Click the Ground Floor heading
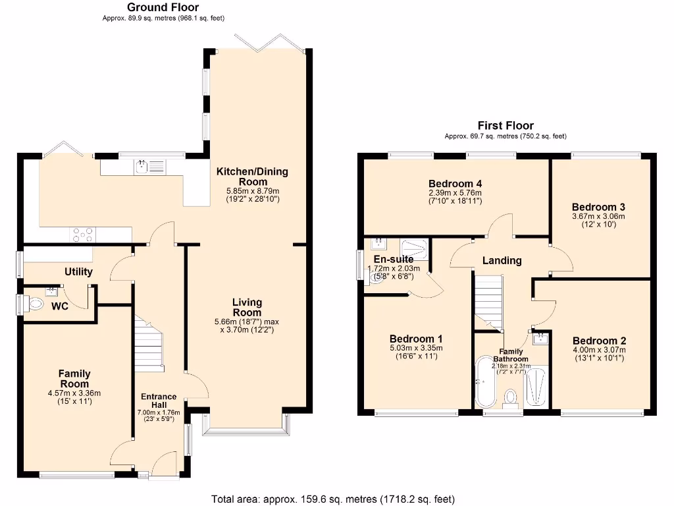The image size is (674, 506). tap(163, 7)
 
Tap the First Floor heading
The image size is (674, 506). tap(505, 125)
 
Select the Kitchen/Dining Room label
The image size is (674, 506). tap(253, 177)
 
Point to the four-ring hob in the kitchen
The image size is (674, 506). tap(82, 234)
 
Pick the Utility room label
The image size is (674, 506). tap(78, 271)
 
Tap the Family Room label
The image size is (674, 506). tap(74, 379)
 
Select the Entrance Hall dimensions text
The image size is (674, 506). tap(159, 416)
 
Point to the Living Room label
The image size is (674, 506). tap(247, 307)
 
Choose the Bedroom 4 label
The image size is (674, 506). tap(455, 183)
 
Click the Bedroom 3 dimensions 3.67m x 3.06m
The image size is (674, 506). tap(598, 216)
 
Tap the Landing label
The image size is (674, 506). tap(502, 260)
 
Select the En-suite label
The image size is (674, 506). tap(393, 259)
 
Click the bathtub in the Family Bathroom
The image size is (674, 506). tap(485, 383)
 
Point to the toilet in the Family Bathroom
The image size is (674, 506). tap(511, 397)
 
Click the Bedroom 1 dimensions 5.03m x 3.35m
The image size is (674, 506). tap(415, 348)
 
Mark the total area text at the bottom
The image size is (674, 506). tap(332, 499)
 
